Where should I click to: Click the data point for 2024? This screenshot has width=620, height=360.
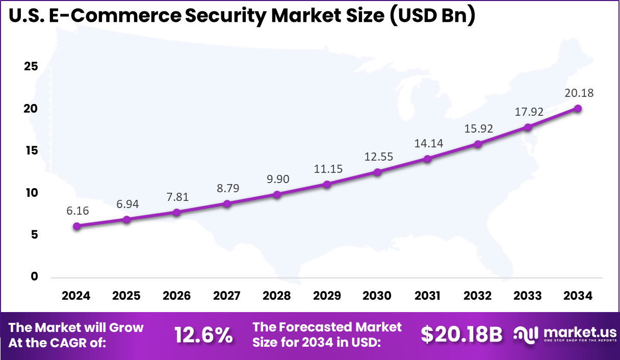pos(76,226)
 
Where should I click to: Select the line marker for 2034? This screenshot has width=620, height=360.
pos(578,108)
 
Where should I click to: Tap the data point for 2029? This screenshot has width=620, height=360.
pos(327,184)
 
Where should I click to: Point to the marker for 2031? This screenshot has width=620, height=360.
pos(427,159)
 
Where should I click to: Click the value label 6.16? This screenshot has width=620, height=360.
pos(76,210)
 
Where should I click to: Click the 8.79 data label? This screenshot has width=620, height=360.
pos(227,188)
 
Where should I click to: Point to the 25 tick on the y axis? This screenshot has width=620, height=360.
pos(31,67)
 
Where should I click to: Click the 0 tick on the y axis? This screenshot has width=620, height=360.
pos(34,276)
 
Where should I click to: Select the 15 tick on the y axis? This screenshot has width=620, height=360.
pos(31,151)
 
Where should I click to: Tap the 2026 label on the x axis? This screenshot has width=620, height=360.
pos(176,296)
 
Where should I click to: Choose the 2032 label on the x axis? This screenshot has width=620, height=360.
pos(478,296)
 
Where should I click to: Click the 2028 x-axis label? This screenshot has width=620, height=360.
pos(277,296)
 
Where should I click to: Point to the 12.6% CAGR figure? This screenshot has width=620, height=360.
pos(203,335)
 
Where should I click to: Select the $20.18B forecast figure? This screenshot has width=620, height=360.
pos(461,335)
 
